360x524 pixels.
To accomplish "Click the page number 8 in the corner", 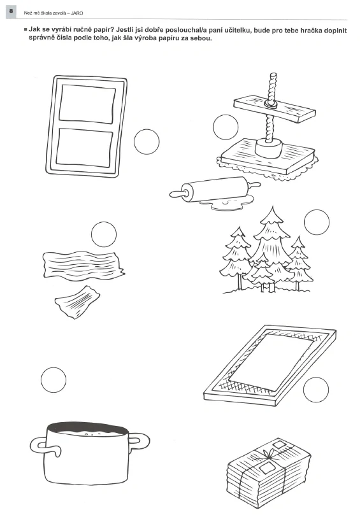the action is tap(11, 11).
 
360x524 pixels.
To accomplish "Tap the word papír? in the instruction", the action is tap(103, 30).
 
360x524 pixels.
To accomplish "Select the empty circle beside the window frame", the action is tap(147, 142).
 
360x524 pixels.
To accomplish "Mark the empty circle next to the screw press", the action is tap(226, 127).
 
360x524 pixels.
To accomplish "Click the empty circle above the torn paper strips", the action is tap(104, 234).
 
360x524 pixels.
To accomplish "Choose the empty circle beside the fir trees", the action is tap(317, 222).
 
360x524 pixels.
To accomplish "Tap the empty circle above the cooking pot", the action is tap(54, 380).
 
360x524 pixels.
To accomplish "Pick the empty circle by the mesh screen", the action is tap(316, 390).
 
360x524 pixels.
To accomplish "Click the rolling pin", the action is tap(215, 190).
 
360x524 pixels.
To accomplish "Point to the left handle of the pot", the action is tap(40, 444).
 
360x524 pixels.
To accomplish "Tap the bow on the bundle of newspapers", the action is tap(268, 453).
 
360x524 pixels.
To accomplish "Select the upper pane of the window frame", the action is tap(88, 104).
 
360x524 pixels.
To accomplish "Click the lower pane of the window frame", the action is tap(85, 148).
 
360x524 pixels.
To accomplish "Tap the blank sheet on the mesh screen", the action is tap(271, 362).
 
